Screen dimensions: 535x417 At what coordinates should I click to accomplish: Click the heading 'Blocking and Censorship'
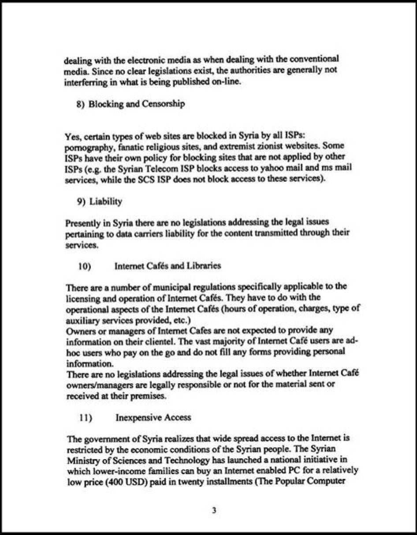coord(136,105)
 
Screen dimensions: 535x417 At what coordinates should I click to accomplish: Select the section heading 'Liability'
coord(105,202)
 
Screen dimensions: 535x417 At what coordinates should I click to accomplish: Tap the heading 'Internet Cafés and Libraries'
coord(168,266)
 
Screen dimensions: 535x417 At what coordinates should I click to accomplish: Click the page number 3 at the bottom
coord(214,511)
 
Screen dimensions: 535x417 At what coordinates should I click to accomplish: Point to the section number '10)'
coord(84,266)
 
